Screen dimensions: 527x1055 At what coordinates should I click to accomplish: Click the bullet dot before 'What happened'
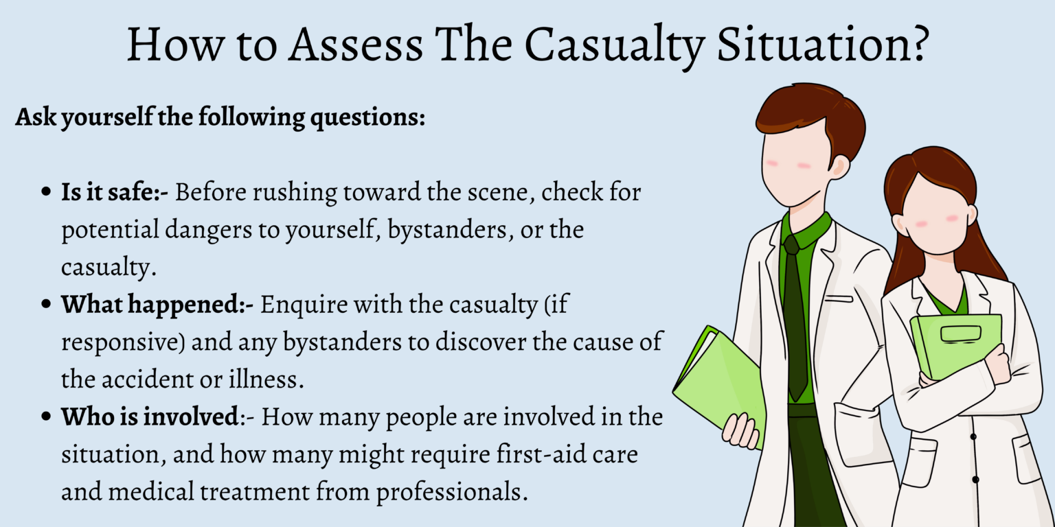click(x=46, y=305)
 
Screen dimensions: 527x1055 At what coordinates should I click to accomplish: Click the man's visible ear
click(x=839, y=165)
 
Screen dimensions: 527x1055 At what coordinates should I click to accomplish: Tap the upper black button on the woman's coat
click(x=973, y=436)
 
